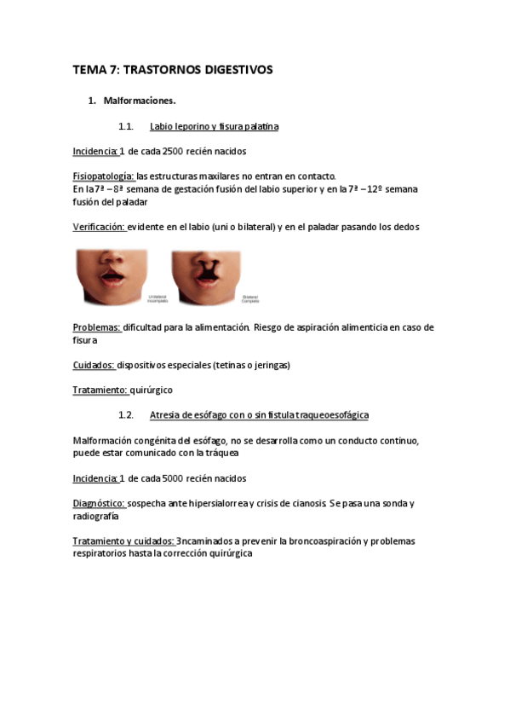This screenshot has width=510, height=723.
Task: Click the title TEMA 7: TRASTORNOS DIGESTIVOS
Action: click(172, 71)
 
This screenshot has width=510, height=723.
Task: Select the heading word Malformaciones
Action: click(140, 101)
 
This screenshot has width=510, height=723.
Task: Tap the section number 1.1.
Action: click(126, 126)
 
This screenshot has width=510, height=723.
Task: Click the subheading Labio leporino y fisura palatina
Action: click(214, 126)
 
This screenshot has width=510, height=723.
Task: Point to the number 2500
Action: click(172, 151)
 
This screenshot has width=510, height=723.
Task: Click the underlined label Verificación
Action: click(99, 227)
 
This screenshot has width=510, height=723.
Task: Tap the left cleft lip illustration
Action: click(113, 275)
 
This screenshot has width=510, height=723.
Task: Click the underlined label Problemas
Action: click(95, 327)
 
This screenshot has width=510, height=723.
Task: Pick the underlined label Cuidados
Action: click(95, 365)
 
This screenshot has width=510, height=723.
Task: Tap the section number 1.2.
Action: click(126, 415)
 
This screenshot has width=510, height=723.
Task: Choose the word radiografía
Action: click(96, 516)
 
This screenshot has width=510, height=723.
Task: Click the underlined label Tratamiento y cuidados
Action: click(123, 541)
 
